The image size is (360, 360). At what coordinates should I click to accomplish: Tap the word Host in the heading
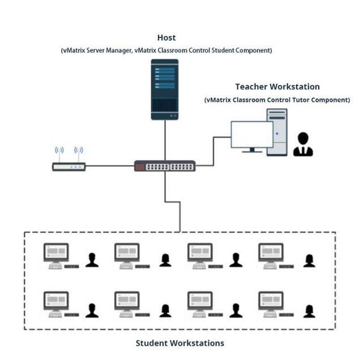tap(166, 38)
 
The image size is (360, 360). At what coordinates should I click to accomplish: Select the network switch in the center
tap(165, 166)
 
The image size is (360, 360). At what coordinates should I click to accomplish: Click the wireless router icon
tap(68, 167)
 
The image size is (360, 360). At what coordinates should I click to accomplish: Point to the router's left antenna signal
tap(59, 151)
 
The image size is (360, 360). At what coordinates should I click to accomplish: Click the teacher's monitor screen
tap(251, 135)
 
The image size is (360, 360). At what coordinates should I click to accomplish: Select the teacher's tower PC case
tap(277, 132)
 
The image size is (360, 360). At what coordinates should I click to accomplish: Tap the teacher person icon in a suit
tap(303, 145)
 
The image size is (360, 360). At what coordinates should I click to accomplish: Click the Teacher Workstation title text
tap(277, 87)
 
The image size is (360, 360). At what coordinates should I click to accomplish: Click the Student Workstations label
tap(179, 343)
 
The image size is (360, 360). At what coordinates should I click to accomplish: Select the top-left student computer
tap(57, 255)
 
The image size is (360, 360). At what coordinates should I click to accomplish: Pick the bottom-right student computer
tap(271, 303)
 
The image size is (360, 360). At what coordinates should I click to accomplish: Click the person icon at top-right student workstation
tap(308, 260)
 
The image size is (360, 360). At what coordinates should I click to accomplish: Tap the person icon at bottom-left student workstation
tap(92, 310)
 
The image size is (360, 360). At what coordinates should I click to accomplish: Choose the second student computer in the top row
tap(127, 255)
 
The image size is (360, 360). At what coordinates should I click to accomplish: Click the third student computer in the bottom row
tap(200, 303)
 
